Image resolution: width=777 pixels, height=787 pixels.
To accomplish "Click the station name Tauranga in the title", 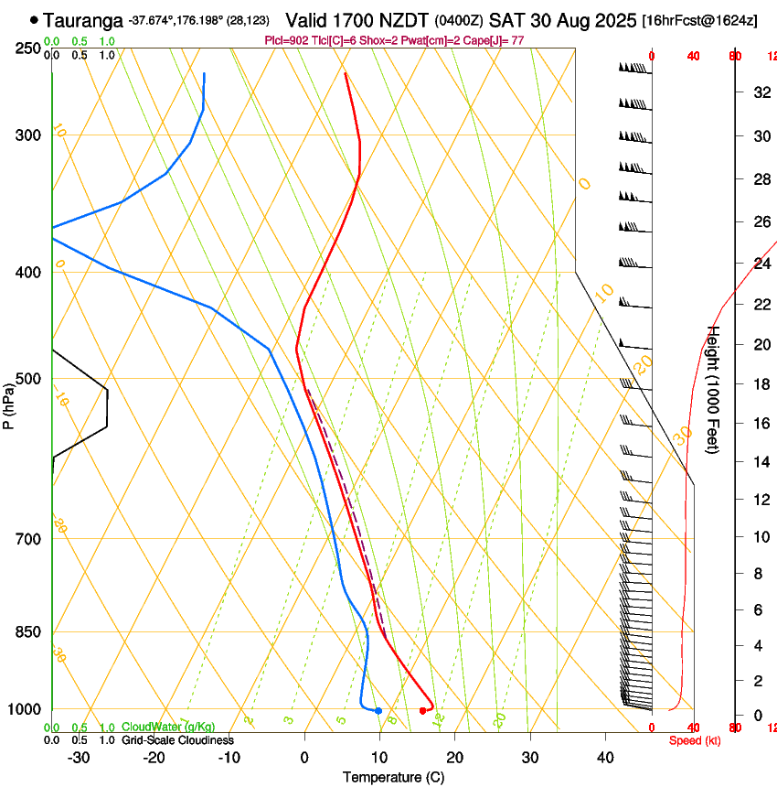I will coord(82,19).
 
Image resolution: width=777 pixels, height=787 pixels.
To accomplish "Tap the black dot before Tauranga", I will coord(35,19).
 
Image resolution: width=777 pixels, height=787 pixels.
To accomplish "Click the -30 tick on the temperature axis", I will coord(79,757).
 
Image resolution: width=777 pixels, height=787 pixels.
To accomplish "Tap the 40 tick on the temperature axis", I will coord(604,757).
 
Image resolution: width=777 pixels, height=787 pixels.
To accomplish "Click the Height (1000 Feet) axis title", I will coord(714,389).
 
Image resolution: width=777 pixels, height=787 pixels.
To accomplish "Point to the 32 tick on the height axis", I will coord(760,92).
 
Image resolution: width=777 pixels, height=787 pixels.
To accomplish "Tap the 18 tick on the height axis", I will coord(760,384).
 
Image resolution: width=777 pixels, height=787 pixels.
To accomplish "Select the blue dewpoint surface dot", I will coord(378,711).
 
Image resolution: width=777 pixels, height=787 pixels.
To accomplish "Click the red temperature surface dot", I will coord(422,710).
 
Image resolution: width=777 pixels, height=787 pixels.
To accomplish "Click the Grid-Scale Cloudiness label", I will coord(177,740).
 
